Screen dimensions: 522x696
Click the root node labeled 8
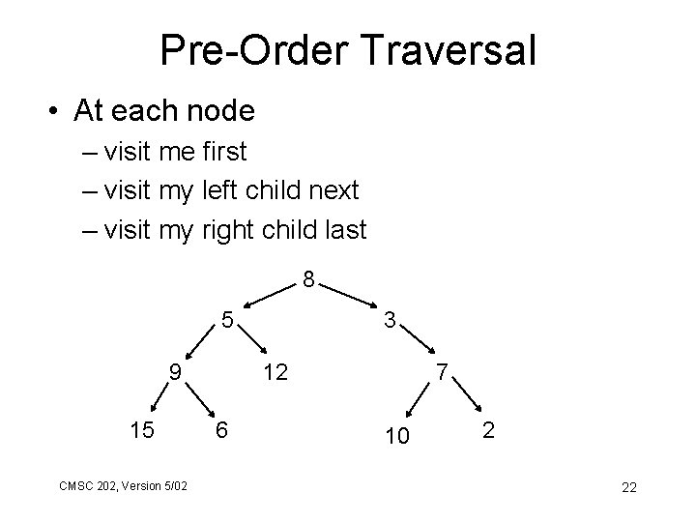[306, 281]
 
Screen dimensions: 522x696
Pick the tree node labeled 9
[173, 370]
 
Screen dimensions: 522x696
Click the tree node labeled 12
[275, 371]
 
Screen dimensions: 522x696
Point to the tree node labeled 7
[440, 371]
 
